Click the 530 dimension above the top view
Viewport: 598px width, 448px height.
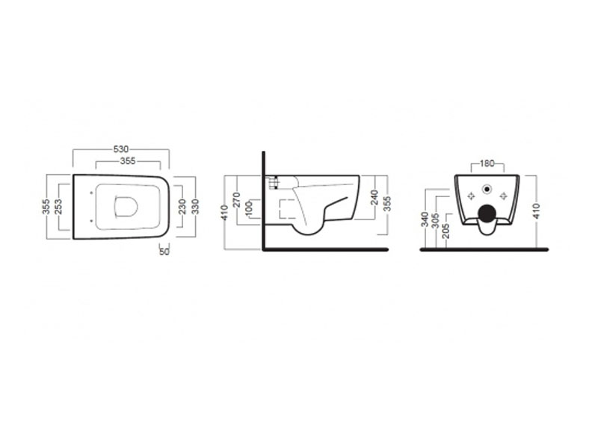(121, 149)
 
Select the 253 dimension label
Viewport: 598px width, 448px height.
(58, 207)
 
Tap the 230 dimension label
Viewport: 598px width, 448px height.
(182, 207)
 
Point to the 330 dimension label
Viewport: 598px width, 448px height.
(195, 207)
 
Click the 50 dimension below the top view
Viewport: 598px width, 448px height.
(164, 252)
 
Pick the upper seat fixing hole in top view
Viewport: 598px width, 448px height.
(91, 193)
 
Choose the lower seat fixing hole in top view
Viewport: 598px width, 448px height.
(91, 220)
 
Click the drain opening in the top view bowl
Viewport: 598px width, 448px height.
(126, 207)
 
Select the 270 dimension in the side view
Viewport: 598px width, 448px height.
(236, 200)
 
